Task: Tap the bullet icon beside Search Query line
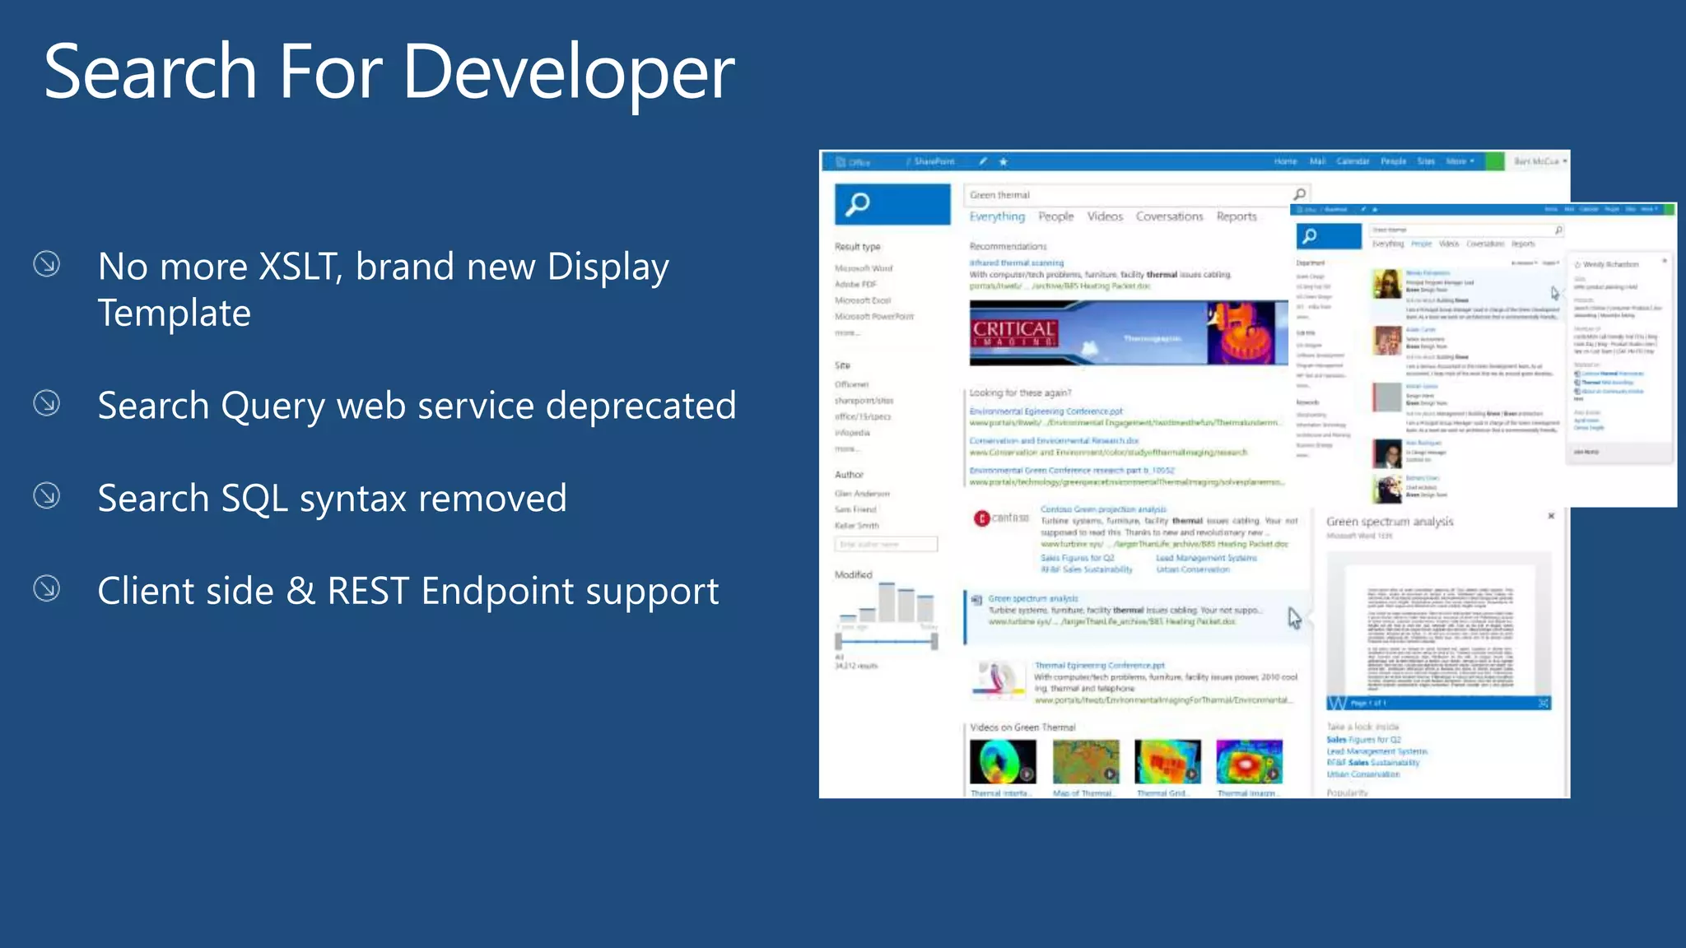pyautogui.click(x=47, y=403)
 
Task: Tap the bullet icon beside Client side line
pyautogui.click(x=47, y=588)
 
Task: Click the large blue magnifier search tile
pyautogui.click(x=892, y=204)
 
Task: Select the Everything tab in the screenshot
pyautogui.click(x=996, y=216)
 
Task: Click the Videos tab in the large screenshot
pyautogui.click(x=1104, y=216)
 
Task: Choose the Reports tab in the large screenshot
pyautogui.click(x=1236, y=216)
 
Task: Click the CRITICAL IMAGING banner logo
pyautogui.click(x=1013, y=333)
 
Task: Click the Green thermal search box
pyautogui.click(x=1128, y=195)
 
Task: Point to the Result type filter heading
pyautogui.click(x=857, y=247)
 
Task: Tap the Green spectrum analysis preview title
pyautogui.click(x=1389, y=522)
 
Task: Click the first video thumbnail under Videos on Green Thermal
pyautogui.click(x=1002, y=761)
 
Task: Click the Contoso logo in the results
pyautogui.click(x=1001, y=518)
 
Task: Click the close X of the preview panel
pyautogui.click(x=1551, y=516)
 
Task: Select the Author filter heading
pyautogui.click(x=849, y=475)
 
